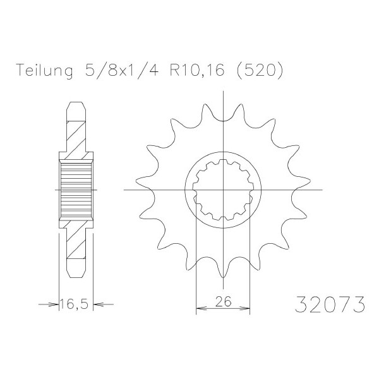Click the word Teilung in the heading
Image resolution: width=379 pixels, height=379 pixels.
(x=45, y=71)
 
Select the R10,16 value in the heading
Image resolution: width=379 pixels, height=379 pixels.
(x=197, y=70)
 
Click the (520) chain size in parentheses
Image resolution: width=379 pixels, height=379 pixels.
(x=259, y=71)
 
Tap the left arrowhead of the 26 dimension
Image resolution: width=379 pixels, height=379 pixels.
(x=201, y=308)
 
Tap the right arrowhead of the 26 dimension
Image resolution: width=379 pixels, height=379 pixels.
(x=244, y=308)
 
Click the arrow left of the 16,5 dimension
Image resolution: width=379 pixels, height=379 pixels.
(x=49, y=304)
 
